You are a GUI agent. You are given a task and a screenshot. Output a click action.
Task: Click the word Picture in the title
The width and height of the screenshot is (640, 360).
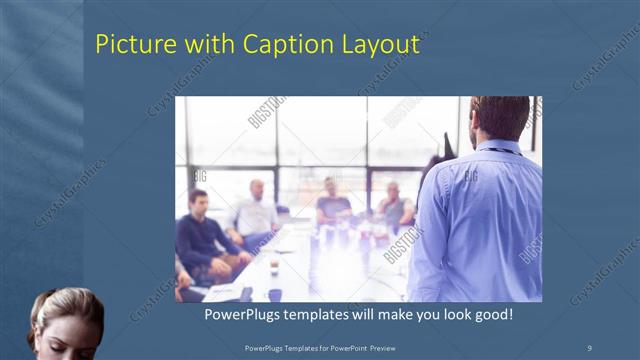click(129, 45)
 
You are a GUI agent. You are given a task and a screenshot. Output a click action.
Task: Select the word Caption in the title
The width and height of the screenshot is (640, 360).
click(274, 45)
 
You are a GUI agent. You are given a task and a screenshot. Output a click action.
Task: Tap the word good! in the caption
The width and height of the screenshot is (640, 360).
click(493, 315)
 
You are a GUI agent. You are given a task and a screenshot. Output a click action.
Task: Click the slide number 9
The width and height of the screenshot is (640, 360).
click(589, 346)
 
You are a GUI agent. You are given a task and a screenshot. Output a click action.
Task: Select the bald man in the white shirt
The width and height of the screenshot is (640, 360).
click(256, 212)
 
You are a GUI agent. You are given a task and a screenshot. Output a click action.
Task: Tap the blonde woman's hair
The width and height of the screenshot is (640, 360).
click(65, 306)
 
